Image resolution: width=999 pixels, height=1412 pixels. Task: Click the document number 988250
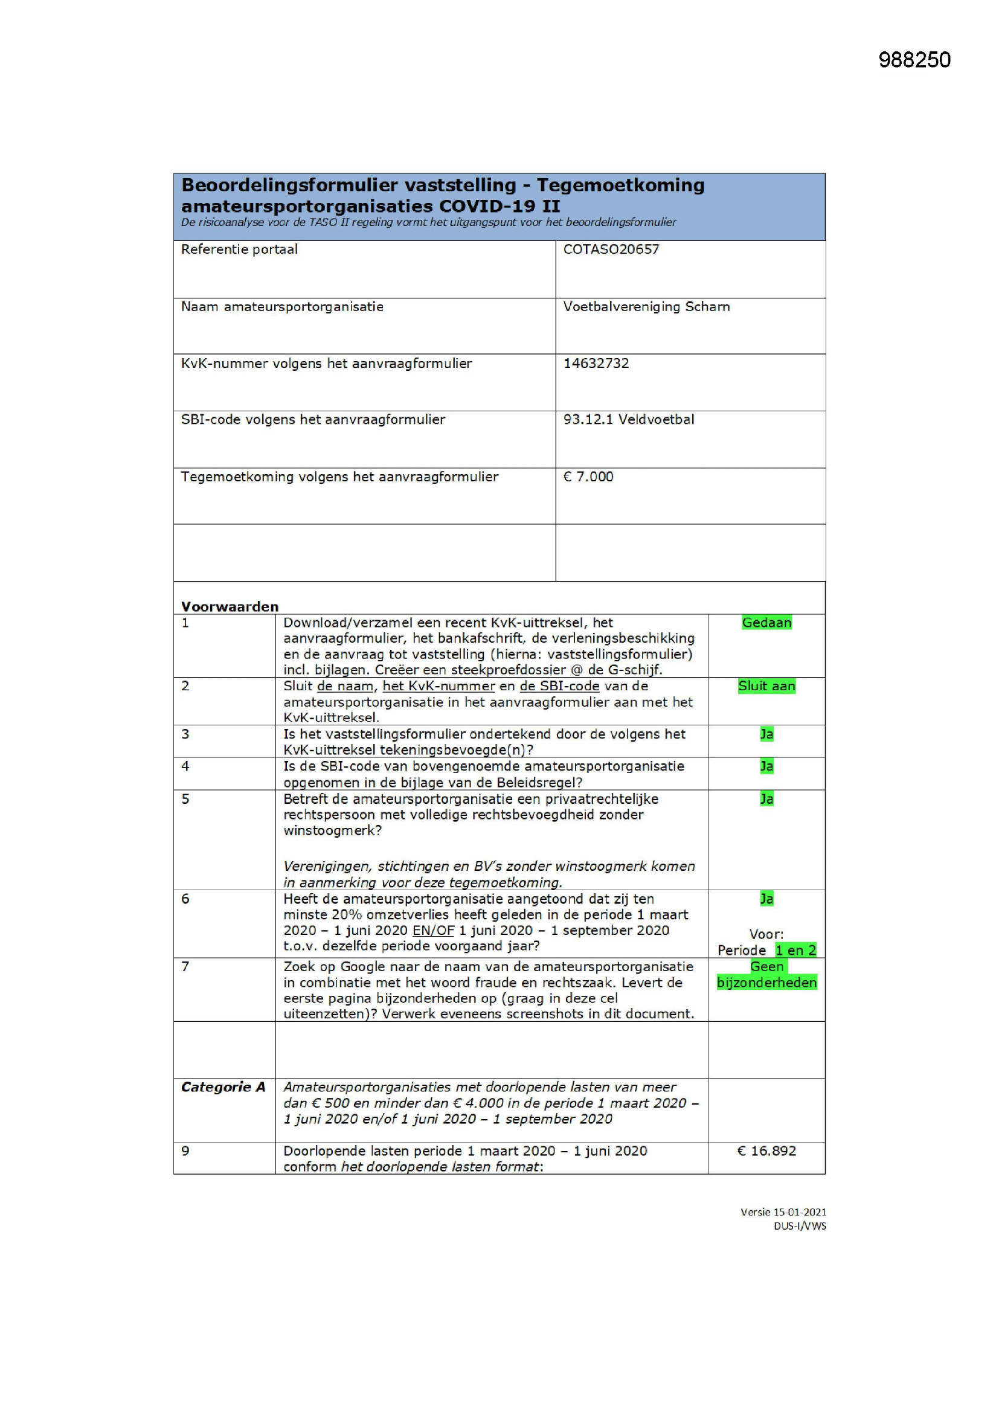pyautogui.click(x=914, y=60)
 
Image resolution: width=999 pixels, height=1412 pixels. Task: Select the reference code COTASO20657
pyautogui.click(x=611, y=249)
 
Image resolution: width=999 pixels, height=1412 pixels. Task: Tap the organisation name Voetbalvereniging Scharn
pyautogui.click(x=646, y=306)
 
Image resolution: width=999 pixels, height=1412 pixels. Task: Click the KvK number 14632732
pyautogui.click(x=596, y=363)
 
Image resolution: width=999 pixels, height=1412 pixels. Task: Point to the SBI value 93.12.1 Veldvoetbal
pyautogui.click(x=629, y=419)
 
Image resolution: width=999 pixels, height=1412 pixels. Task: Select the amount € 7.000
pyautogui.click(x=588, y=477)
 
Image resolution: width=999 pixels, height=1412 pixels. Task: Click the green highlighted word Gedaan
pyautogui.click(x=766, y=623)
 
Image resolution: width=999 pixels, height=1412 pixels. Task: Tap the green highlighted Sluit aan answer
pyautogui.click(x=766, y=685)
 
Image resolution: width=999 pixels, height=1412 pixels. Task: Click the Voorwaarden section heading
pyautogui.click(x=230, y=606)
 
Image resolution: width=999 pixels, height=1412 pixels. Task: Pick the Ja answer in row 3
pyautogui.click(x=766, y=734)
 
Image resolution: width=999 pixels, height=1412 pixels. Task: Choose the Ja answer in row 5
pyautogui.click(x=766, y=799)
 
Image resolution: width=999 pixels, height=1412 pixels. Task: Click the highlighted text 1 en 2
pyautogui.click(x=795, y=950)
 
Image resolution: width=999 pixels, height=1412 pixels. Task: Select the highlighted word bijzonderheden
pyautogui.click(x=766, y=982)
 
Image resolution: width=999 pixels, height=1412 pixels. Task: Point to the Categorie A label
pyautogui.click(x=223, y=1086)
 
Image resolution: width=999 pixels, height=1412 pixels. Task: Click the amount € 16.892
pyautogui.click(x=766, y=1150)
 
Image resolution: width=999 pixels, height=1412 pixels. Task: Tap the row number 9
pyautogui.click(x=185, y=1150)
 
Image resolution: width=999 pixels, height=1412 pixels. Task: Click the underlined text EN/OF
pyautogui.click(x=433, y=930)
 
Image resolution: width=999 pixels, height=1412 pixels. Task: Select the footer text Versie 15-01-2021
pyautogui.click(x=783, y=1212)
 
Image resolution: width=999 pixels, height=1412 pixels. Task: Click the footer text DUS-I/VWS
pyautogui.click(x=800, y=1226)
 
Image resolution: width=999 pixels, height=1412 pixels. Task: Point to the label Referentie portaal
pyautogui.click(x=239, y=249)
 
